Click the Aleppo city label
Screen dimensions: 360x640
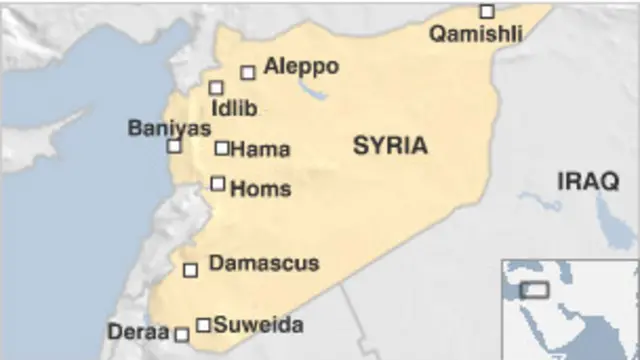[x=301, y=67]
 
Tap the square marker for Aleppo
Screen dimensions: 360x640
[x=248, y=72]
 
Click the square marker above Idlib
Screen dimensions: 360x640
[x=216, y=88]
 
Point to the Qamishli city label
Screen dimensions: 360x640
[x=476, y=35]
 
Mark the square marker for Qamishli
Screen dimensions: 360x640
[x=487, y=12]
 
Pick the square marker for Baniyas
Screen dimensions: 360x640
[x=174, y=146]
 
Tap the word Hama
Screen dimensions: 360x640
[x=260, y=150]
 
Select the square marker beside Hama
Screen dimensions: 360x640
[x=222, y=148]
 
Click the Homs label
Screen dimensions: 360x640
[x=260, y=188]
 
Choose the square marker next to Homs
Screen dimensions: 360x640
[x=218, y=183]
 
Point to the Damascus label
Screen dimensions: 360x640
[x=264, y=264]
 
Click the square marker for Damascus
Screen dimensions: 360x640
[x=191, y=270]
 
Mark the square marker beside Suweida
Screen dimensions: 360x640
[x=204, y=324]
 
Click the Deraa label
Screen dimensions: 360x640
[x=138, y=331]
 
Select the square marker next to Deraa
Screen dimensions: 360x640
[x=182, y=335]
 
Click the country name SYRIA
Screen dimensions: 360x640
[x=390, y=146]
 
